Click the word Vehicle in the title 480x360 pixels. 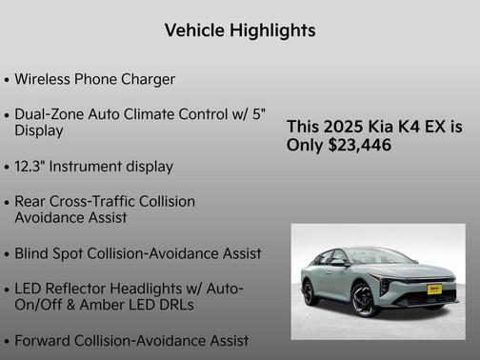click(x=194, y=30)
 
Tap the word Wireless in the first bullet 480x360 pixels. click(x=44, y=79)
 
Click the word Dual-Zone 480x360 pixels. click(x=52, y=114)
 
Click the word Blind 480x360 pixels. click(x=34, y=254)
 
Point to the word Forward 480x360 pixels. click(x=46, y=340)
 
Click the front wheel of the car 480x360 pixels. click(x=366, y=300)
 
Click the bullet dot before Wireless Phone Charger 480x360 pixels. click(x=8, y=80)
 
